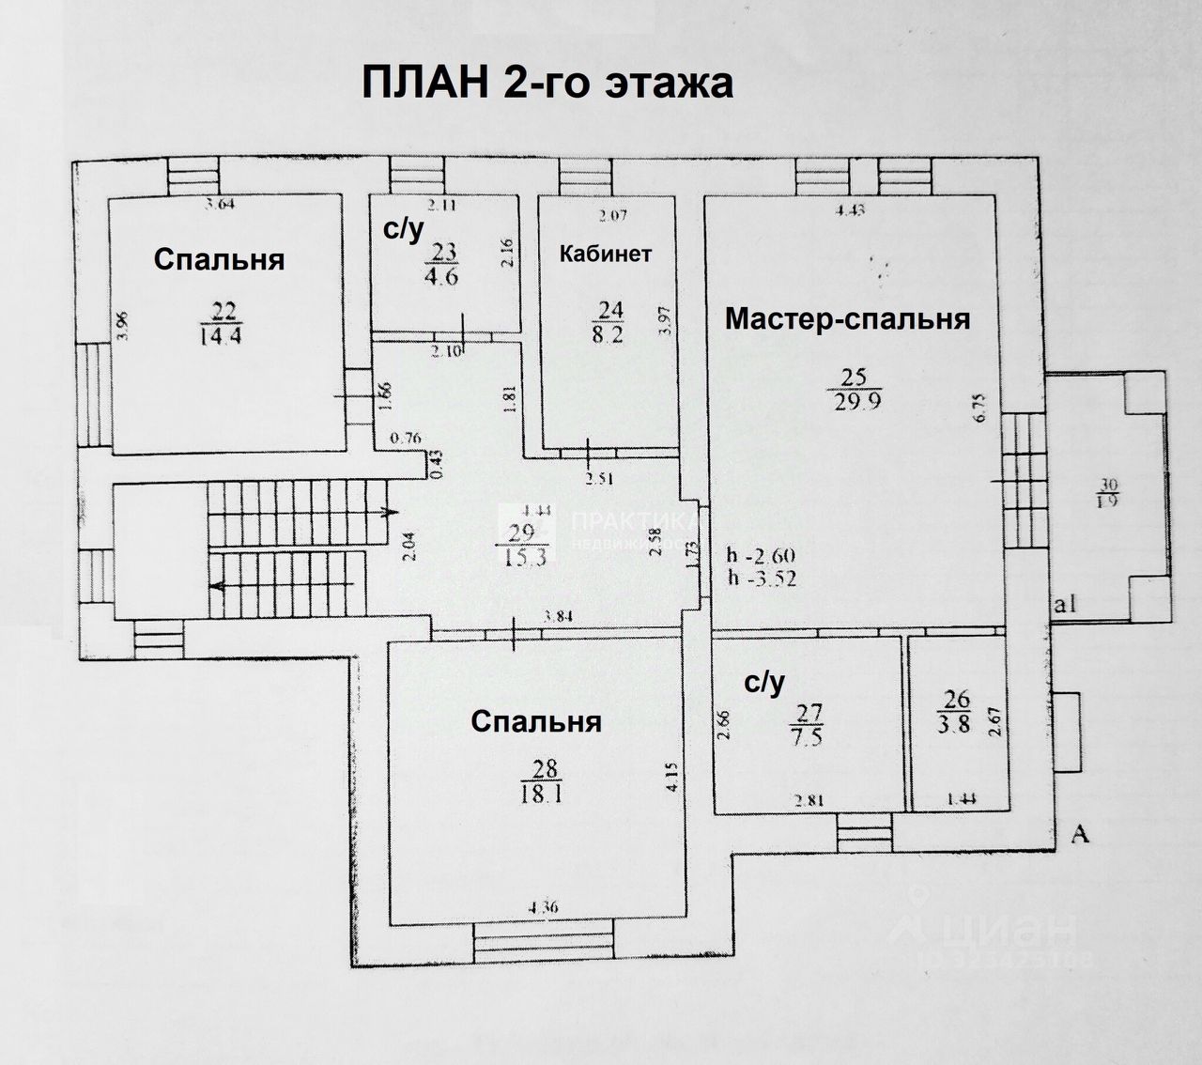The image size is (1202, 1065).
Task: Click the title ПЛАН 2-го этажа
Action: [x=547, y=84]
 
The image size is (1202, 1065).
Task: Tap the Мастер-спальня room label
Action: [x=847, y=319]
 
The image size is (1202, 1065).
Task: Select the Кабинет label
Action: [x=606, y=254]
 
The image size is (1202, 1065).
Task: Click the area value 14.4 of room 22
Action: [x=222, y=336]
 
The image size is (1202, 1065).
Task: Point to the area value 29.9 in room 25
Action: [x=854, y=402]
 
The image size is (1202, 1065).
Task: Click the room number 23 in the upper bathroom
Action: [x=442, y=253]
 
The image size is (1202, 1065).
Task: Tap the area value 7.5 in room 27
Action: [x=806, y=737]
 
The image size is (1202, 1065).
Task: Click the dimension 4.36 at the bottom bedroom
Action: [x=544, y=907]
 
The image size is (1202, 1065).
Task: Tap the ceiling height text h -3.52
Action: [x=762, y=579]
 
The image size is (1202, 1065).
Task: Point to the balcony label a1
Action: [x=1065, y=605]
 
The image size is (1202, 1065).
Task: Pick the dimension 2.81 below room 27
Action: [x=808, y=801]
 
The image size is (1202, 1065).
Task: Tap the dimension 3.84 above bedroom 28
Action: [x=561, y=617]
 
